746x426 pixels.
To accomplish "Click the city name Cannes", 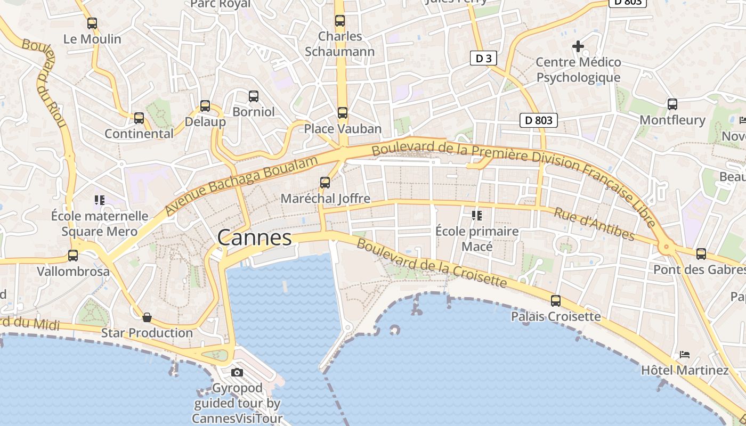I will pos(255,237).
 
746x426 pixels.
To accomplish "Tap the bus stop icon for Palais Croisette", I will pos(556,301).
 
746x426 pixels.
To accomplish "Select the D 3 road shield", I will pos(483,59).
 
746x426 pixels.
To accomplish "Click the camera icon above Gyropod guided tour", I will pos(237,372).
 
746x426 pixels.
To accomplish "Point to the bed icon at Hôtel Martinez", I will pos(685,355).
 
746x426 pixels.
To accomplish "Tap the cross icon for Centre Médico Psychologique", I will pos(578,46).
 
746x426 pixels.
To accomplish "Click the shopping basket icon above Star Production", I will pos(147,318).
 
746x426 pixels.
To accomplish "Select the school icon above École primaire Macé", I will pos(476,216).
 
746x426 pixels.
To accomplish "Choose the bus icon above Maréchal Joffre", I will pos(325,183).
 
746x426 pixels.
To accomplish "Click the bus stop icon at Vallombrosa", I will pos(73,256).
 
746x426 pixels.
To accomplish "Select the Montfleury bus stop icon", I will pos(672,104).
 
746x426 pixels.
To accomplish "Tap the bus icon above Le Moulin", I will pos(92,23).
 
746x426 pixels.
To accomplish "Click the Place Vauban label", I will pos(343,129).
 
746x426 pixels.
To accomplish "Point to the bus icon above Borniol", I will pos(254,96).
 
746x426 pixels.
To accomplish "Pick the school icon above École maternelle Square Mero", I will pos(99,200).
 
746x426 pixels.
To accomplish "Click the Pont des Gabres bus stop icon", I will pos(701,254).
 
